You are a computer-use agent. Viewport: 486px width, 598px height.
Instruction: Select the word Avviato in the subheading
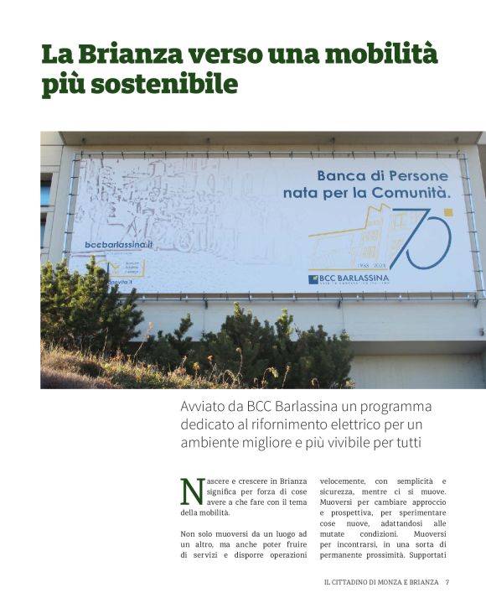point(205,408)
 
